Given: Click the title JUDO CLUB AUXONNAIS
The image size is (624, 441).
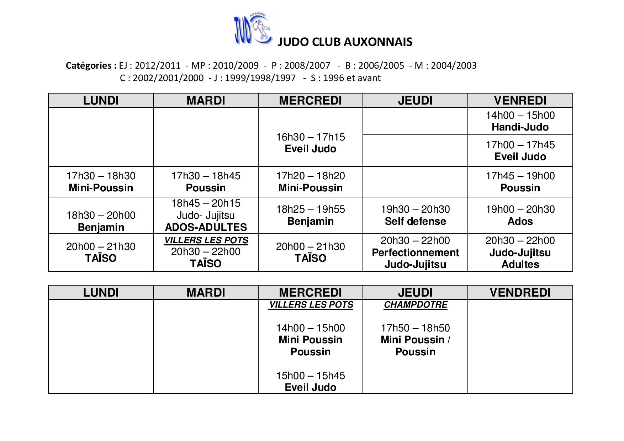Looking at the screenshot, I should pos(345,42).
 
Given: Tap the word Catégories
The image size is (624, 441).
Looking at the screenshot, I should pos(91,65).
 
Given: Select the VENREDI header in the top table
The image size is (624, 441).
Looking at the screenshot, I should pos(520,101).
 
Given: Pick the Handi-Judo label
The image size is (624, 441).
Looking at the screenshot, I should pos(520,127).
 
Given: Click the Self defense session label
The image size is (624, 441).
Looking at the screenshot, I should pos(415,221).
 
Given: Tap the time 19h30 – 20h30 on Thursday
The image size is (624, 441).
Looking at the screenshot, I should pos(415,209).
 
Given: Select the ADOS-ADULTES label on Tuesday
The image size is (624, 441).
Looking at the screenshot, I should pos(206,227).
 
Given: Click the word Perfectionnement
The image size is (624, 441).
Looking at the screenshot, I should pos(415,253).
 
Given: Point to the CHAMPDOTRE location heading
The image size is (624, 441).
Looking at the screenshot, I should pos(415,305).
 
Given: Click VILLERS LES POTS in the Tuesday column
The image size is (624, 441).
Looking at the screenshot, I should pos(206,240).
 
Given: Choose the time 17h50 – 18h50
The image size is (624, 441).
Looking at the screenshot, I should pos(415,328).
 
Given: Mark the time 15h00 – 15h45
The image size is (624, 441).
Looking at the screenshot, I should pos(310,376).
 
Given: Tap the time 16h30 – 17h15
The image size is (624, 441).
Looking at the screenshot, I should pos(310,137).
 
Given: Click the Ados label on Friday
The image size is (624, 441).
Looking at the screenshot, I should pos(520,221).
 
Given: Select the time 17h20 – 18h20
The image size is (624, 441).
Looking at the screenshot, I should pos(310,176).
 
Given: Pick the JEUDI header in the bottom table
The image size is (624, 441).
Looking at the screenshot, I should pos(415,292).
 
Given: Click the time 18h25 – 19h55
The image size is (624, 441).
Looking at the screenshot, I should pos(310,209).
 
